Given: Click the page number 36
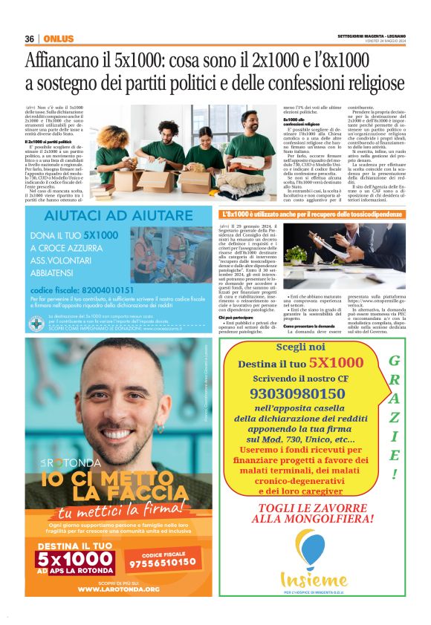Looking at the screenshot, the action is [29, 39].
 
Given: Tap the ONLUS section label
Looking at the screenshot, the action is [58, 39].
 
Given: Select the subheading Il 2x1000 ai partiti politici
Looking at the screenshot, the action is [48, 141].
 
